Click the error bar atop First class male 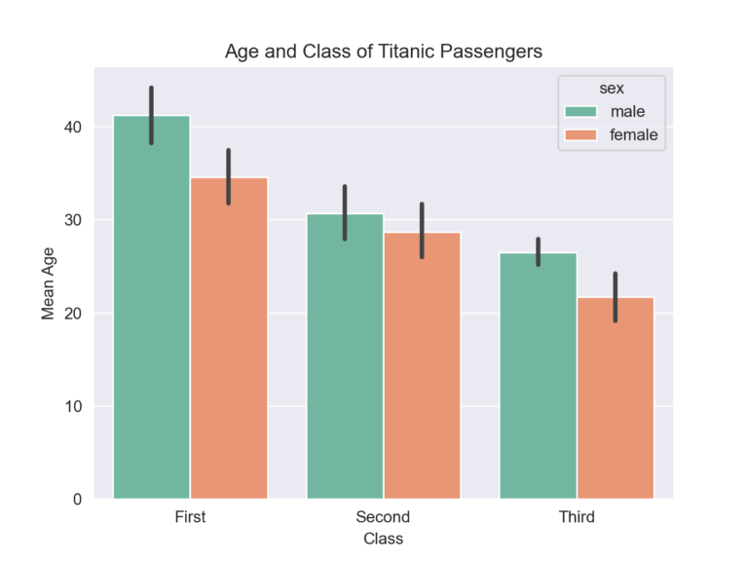[x=152, y=115]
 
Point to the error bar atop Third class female [x=615, y=297]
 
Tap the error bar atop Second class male [x=345, y=212]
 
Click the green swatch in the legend [x=581, y=112]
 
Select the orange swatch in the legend [x=581, y=135]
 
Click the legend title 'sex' [x=611, y=89]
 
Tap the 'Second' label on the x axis [x=383, y=517]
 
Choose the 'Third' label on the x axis [x=576, y=517]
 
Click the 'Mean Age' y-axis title [x=48, y=282]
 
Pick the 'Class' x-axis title [x=383, y=538]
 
